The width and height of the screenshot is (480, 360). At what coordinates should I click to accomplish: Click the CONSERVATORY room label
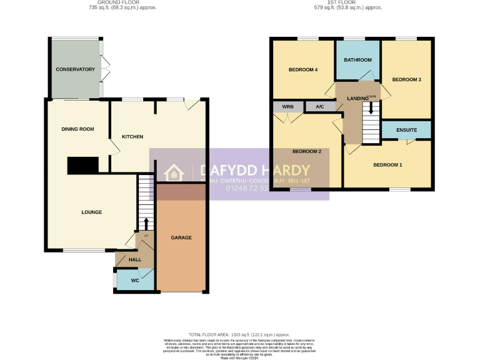click(75, 69)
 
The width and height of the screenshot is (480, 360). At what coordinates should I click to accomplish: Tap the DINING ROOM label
click(77, 129)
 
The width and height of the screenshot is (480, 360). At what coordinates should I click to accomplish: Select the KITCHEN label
click(132, 137)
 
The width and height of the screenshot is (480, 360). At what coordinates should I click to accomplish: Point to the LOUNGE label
click(91, 212)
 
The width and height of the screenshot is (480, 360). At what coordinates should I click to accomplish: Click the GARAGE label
click(181, 237)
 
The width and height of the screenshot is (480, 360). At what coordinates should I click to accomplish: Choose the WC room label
click(135, 281)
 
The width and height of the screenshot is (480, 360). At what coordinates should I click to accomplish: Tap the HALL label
click(135, 259)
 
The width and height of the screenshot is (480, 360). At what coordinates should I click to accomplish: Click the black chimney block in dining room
click(82, 165)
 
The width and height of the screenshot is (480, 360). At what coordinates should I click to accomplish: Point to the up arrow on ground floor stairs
click(146, 224)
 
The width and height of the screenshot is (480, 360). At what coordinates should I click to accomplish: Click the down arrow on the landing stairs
click(372, 108)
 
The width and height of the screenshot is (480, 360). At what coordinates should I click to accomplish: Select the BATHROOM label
click(358, 60)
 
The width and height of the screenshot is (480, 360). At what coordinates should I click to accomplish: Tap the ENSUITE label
click(407, 130)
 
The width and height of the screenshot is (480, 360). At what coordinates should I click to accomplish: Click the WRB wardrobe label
click(287, 107)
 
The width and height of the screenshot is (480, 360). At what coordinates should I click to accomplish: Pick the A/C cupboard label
click(320, 107)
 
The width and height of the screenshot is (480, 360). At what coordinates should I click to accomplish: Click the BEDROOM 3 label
click(407, 79)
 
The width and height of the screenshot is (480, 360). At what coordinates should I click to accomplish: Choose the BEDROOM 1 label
click(387, 165)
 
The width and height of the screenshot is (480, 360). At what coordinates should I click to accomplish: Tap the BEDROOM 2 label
click(307, 152)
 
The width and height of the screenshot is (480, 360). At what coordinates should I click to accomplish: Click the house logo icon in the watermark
click(172, 174)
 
